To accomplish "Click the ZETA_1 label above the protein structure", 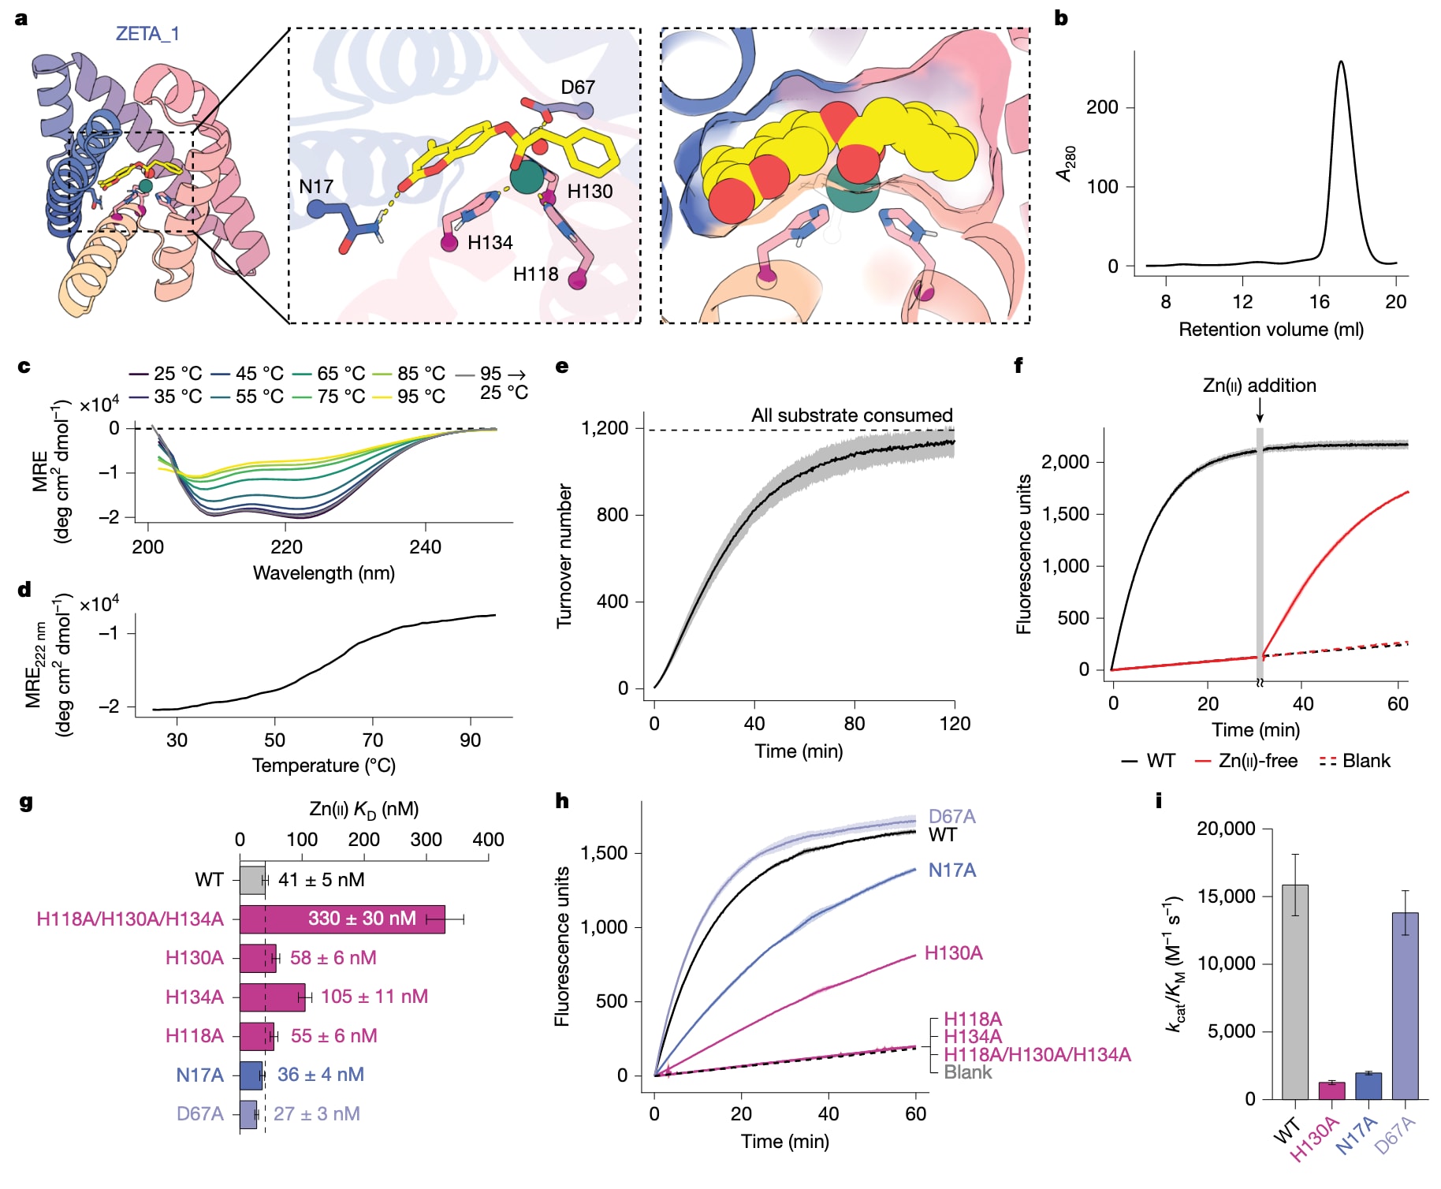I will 147,34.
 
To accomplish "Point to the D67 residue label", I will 577,88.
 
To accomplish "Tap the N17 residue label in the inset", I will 316,187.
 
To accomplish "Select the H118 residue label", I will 535,274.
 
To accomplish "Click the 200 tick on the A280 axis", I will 1102,107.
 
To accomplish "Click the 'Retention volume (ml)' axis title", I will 1271,330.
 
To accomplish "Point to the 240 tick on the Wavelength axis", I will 426,546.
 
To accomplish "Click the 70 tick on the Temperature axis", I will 372,740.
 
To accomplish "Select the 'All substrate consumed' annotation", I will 851,416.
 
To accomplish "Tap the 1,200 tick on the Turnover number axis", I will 605,428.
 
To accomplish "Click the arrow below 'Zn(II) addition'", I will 1260,410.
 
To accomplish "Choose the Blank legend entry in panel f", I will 1355,761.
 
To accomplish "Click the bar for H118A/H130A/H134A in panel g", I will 342,919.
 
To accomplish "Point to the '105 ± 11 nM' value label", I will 374,997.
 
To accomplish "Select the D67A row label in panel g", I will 199,1113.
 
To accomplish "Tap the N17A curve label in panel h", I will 951,870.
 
